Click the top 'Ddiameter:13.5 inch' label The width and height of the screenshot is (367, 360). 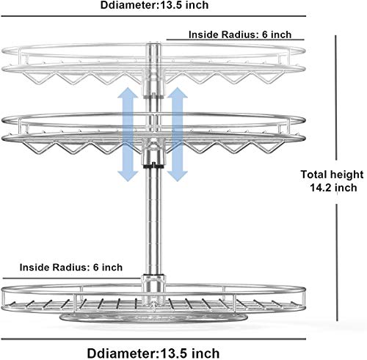tap(154, 5)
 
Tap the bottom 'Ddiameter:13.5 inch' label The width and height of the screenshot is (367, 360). tap(153, 353)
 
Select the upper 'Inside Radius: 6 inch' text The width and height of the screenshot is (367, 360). tap(240, 34)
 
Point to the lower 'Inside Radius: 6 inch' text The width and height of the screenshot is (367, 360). tap(71, 267)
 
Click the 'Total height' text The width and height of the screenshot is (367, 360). tap(332, 175)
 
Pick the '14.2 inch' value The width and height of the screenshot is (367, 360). tap(333, 188)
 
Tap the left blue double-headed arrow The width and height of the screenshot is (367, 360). tap(128, 134)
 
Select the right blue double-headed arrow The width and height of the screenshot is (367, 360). tap(178, 134)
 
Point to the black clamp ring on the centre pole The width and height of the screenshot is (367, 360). tap(153, 166)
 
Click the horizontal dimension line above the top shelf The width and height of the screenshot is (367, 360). tap(153, 16)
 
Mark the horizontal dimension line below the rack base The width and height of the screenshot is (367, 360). tap(153, 339)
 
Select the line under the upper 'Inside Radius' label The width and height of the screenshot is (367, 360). tap(236, 40)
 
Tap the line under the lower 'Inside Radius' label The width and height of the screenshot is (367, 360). tap(71, 278)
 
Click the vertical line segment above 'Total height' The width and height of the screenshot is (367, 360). tap(336, 98)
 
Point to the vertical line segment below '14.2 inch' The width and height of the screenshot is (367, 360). tap(337, 262)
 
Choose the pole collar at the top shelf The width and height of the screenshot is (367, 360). tap(153, 71)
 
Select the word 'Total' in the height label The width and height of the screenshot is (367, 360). tap(313, 175)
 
